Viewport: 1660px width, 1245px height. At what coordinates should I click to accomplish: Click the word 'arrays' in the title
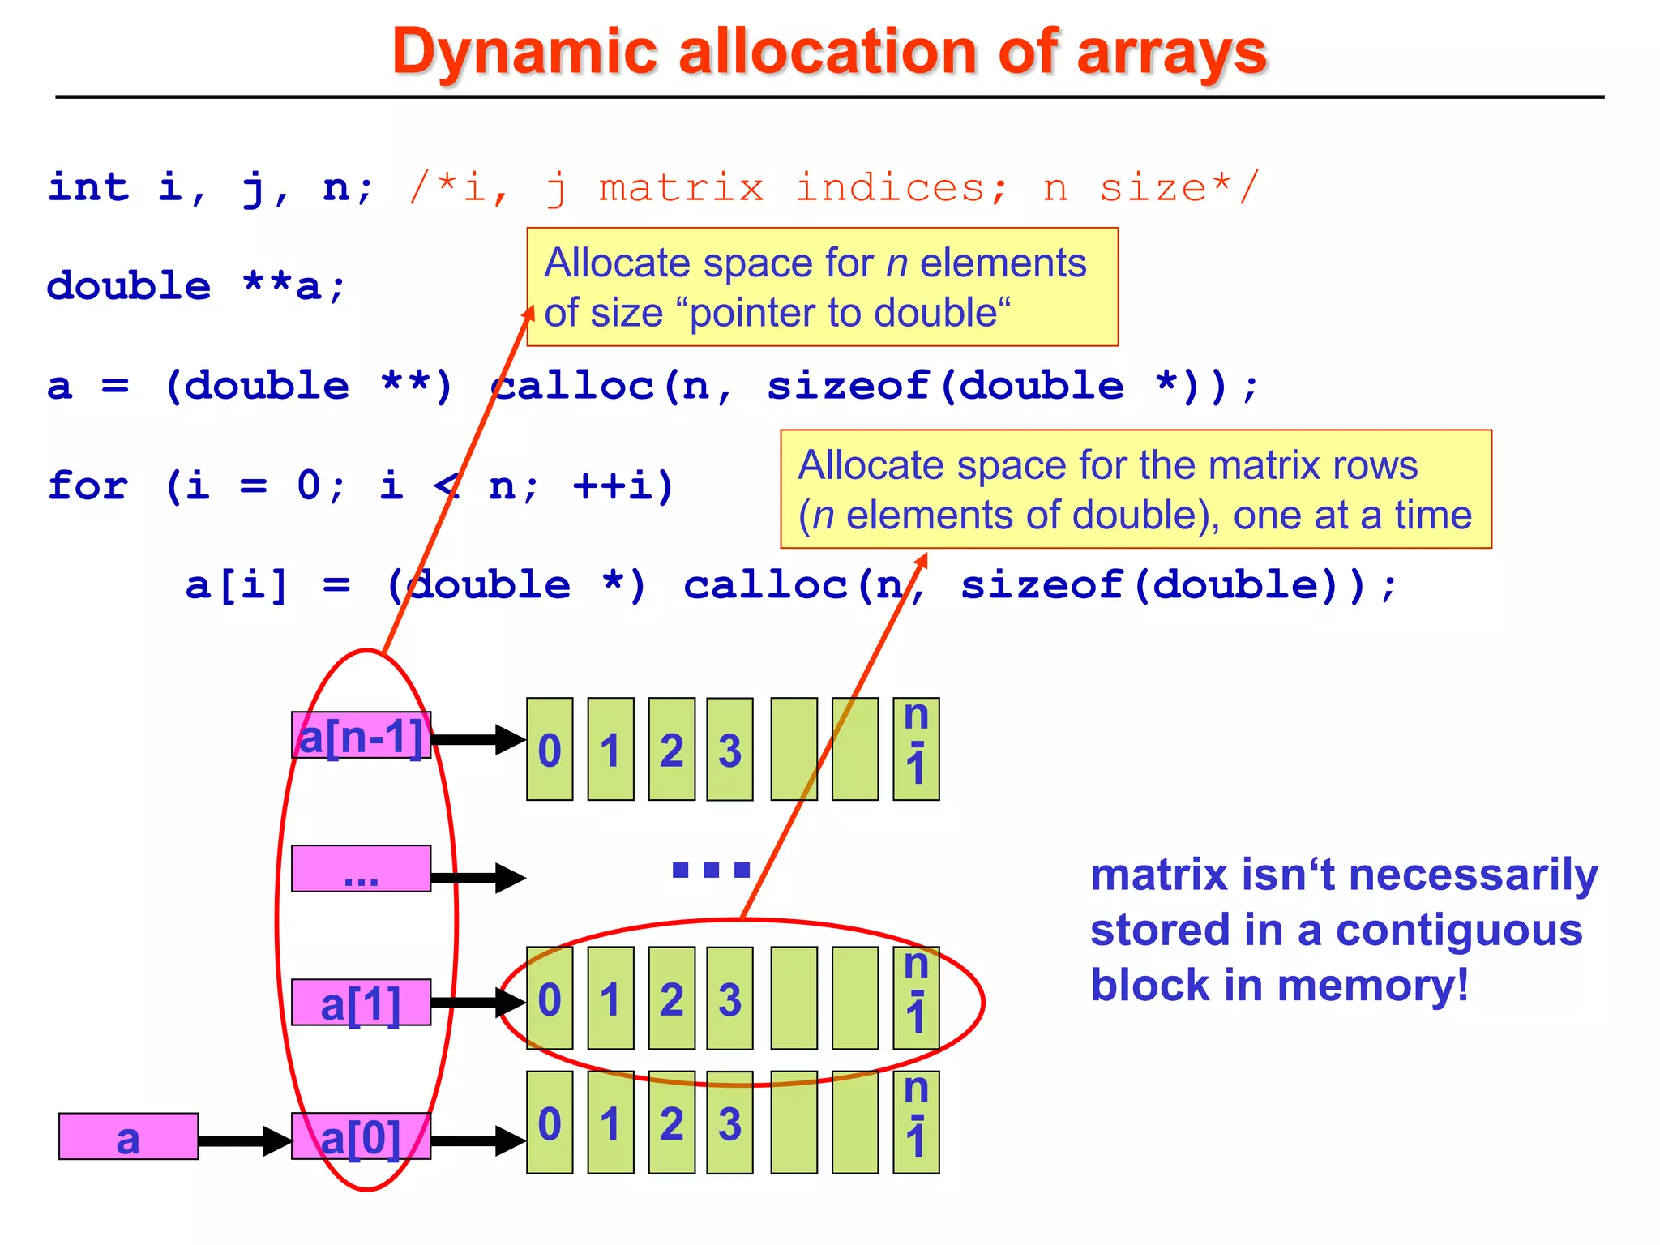tap(1170, 53)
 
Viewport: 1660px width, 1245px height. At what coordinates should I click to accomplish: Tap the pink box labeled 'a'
tap(128, 1136)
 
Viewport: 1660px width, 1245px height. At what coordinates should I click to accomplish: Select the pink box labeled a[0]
tap(361, 1136)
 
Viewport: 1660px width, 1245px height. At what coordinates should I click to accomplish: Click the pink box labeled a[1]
tap(361, 1003)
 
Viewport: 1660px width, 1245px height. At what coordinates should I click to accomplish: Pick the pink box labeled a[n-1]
tap(361, 736)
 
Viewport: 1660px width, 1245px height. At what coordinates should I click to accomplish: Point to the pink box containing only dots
tap(361, 869)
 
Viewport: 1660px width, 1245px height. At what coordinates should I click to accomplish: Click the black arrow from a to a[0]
tap(243, 1140)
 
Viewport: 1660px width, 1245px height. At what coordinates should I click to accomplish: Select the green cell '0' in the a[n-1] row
tap(550, 750)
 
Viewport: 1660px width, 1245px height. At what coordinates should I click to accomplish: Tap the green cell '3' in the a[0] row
tap(729, 1123)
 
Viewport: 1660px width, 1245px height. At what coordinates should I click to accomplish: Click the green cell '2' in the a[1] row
tap(671, 999)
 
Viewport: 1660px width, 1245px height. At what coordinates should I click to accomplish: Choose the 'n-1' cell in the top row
tap(916, 750)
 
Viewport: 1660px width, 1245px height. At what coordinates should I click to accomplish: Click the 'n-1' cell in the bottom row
tap(916, 1123)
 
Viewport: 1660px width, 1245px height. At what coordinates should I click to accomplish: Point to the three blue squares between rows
tap(711, 871)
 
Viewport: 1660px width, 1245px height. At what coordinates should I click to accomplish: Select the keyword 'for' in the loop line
tap(88, 486)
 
